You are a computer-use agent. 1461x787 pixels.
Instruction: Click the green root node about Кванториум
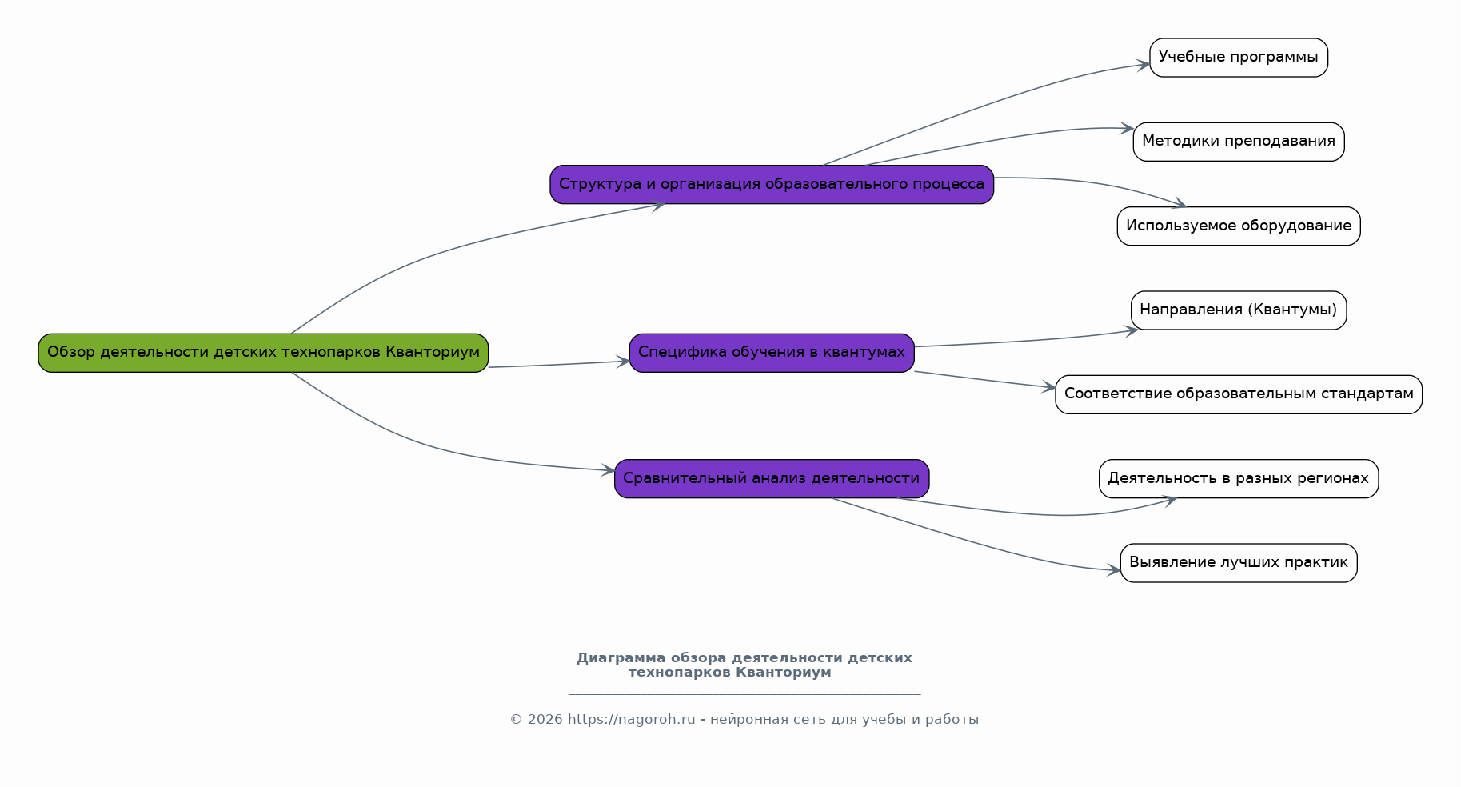pos(263,353)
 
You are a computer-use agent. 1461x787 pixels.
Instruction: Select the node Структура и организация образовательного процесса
pos(772,185)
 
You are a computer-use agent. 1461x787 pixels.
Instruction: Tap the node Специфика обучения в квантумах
pos(772,353)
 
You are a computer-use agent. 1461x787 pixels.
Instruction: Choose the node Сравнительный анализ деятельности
pos(772,479)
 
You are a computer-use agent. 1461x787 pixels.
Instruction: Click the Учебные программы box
pos(1239,58)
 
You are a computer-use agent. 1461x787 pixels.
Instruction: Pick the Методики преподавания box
pos(1239,142)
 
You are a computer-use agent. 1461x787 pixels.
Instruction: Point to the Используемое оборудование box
pos(1239,226)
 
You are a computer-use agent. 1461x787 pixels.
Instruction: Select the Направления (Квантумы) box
pos(1239,310)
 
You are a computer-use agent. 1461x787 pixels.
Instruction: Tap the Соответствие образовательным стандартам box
pos(1239,394)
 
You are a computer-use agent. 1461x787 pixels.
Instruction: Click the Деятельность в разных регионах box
pos(1239,479)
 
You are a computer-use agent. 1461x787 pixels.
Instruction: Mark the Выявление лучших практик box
pos(1239,563)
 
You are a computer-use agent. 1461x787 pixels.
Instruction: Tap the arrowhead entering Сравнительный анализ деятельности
pos(609,471)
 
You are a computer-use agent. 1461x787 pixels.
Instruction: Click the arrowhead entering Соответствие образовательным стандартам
pos(1049,388)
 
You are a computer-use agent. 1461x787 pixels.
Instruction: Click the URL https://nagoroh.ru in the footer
pos(631,720)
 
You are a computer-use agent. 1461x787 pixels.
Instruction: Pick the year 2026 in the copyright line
pos(545,720)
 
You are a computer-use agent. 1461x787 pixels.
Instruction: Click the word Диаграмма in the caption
pos(621,658)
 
